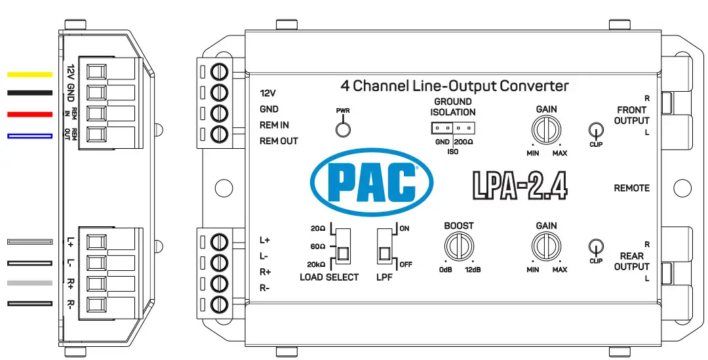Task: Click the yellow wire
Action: [29, 74]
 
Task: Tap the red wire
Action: [29, 115]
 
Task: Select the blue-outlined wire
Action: [29, 136]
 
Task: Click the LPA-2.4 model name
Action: [519, 185]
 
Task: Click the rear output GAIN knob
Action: [546, 247]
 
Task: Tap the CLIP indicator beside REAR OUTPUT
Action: [595, 247]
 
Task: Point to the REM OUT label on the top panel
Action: [279, 141]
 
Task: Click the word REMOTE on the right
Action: [631, 188]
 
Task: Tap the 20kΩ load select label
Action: [315, 264]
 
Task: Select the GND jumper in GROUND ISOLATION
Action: [442, 129]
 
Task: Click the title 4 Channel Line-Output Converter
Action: [454, 86]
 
